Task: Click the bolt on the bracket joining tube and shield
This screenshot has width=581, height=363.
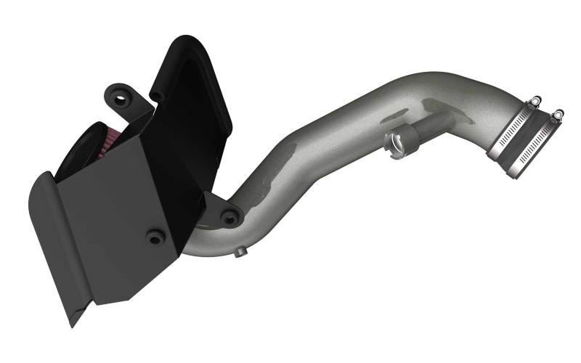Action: click(x=231, y=216)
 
